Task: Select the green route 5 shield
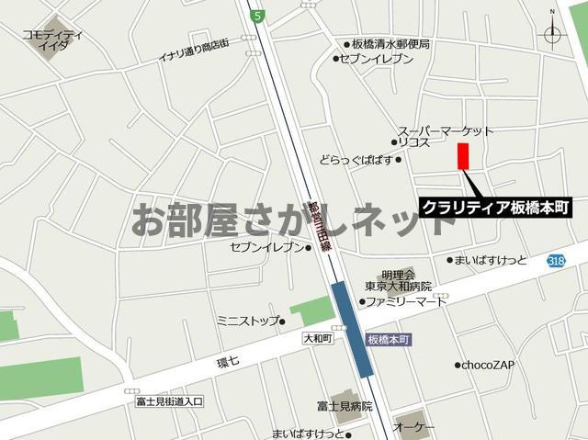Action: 259,15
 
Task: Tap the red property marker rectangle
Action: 463,156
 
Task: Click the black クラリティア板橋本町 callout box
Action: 496,207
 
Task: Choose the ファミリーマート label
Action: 407,301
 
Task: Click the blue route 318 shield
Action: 555,261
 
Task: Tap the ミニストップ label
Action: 247,321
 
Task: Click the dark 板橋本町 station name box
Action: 388,339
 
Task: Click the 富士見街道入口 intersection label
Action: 168,401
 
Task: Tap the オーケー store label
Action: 413,428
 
